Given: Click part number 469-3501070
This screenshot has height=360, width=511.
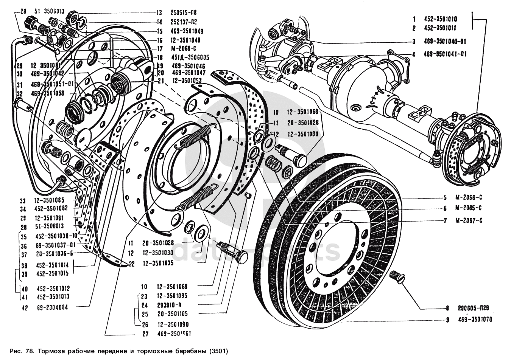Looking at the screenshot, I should pos(475,320).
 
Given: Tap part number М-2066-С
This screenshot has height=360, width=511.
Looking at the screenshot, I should pos(468,197).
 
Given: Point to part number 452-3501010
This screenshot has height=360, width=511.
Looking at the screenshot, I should pos(440,19).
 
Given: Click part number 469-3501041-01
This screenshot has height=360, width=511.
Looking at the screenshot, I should pos(445,54).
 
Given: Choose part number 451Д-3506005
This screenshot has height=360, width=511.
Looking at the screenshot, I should pos(190,57).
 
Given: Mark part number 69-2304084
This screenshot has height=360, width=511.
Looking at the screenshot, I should pos(52,308).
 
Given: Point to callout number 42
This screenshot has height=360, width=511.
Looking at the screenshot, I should pos(25,308).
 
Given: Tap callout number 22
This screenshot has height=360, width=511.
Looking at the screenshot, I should pos(131,264).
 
